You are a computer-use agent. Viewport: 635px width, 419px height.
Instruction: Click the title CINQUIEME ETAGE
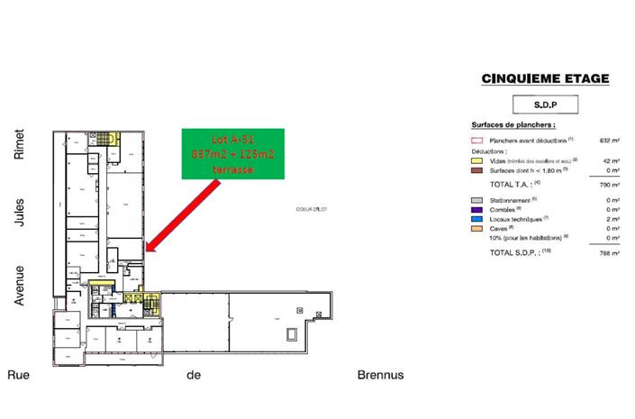(545, 79)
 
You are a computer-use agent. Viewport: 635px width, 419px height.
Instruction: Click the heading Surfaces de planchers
(513, 125)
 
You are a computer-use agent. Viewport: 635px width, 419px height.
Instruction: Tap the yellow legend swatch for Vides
(477, 159)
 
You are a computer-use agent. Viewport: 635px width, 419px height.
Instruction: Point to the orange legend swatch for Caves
(477, 228)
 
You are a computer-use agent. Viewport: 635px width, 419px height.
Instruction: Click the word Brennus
(380, 375)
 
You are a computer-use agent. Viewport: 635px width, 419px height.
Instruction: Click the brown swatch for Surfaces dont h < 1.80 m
(477, 169)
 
